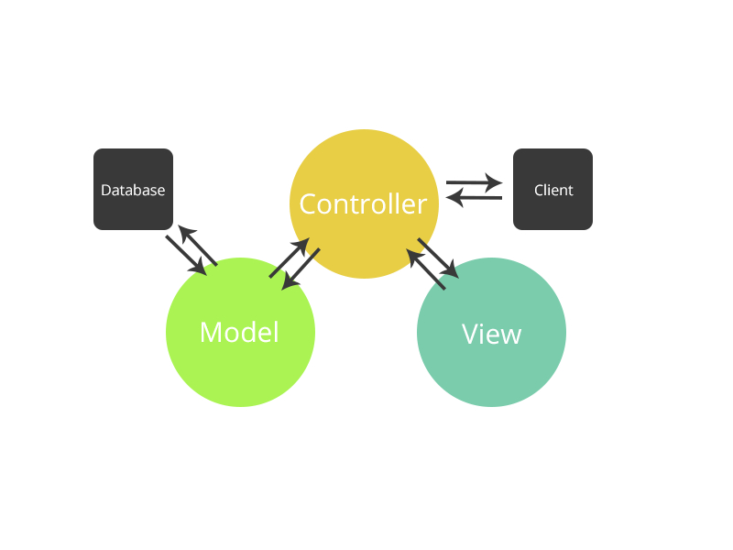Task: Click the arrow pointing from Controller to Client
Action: [475, 182]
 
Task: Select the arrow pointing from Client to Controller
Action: [474, 197]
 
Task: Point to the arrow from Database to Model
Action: [186, 255]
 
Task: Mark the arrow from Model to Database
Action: [197, 246]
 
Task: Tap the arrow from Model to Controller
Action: [290, 258]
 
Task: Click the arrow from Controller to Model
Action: [301, 269]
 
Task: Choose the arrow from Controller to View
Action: [438, 257]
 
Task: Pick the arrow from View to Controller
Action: [426, 270]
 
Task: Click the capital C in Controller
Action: [308, 203]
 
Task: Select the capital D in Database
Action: [105, 191]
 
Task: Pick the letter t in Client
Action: [570, 191]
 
